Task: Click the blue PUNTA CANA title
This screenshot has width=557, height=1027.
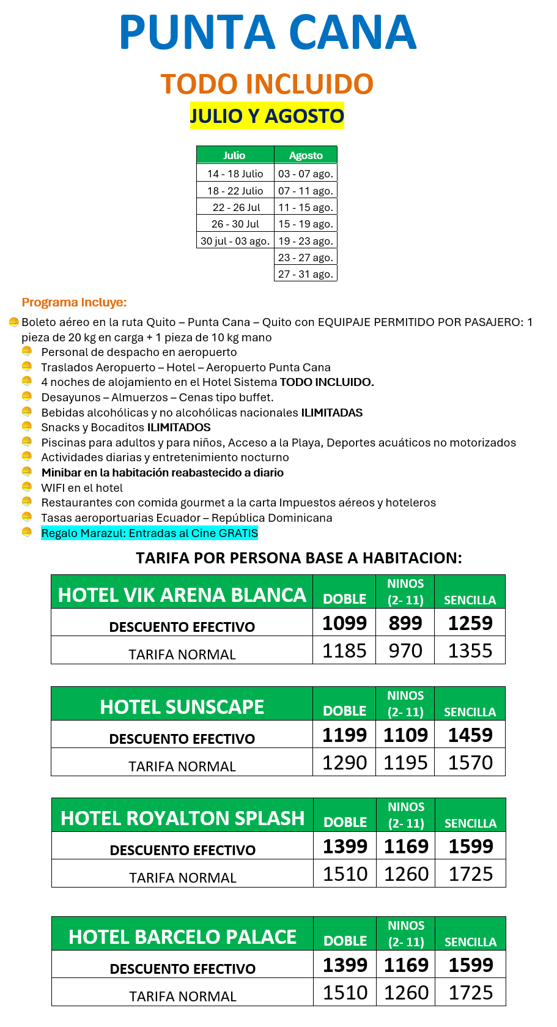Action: (268, 32)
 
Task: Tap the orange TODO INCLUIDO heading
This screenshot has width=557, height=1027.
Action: (267, 84)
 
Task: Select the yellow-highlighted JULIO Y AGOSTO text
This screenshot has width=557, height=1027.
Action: (267, 116)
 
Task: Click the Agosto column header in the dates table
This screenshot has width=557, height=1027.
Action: (306, 155)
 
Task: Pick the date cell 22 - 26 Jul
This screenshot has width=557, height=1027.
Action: (235, 207)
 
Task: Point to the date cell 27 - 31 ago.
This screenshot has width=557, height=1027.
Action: (306, 274)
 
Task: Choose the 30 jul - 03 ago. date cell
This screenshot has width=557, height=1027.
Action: (235, 241)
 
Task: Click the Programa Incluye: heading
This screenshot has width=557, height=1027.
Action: (74, 302)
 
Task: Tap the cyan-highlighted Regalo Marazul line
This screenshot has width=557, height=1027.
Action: (149, 533)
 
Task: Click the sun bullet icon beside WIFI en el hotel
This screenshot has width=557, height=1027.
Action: (27, 487)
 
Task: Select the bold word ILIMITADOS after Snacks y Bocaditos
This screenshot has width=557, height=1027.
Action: (179, 428)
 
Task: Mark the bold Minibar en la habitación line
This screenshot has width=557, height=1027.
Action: (162, 473)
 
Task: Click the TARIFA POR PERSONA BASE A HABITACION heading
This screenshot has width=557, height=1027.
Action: (298, 558)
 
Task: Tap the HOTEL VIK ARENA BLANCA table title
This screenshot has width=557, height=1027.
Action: (182, 595)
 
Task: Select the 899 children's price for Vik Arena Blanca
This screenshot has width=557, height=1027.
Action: (405, 623)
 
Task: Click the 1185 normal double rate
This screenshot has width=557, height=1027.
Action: (344, 651)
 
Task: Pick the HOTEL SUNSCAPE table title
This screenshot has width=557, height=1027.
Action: (182, 706)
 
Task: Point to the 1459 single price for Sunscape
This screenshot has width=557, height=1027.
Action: (470, 735)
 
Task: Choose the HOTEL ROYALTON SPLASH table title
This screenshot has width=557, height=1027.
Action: (182, 818)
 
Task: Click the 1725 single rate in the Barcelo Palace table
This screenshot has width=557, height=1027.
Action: (471, 992)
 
